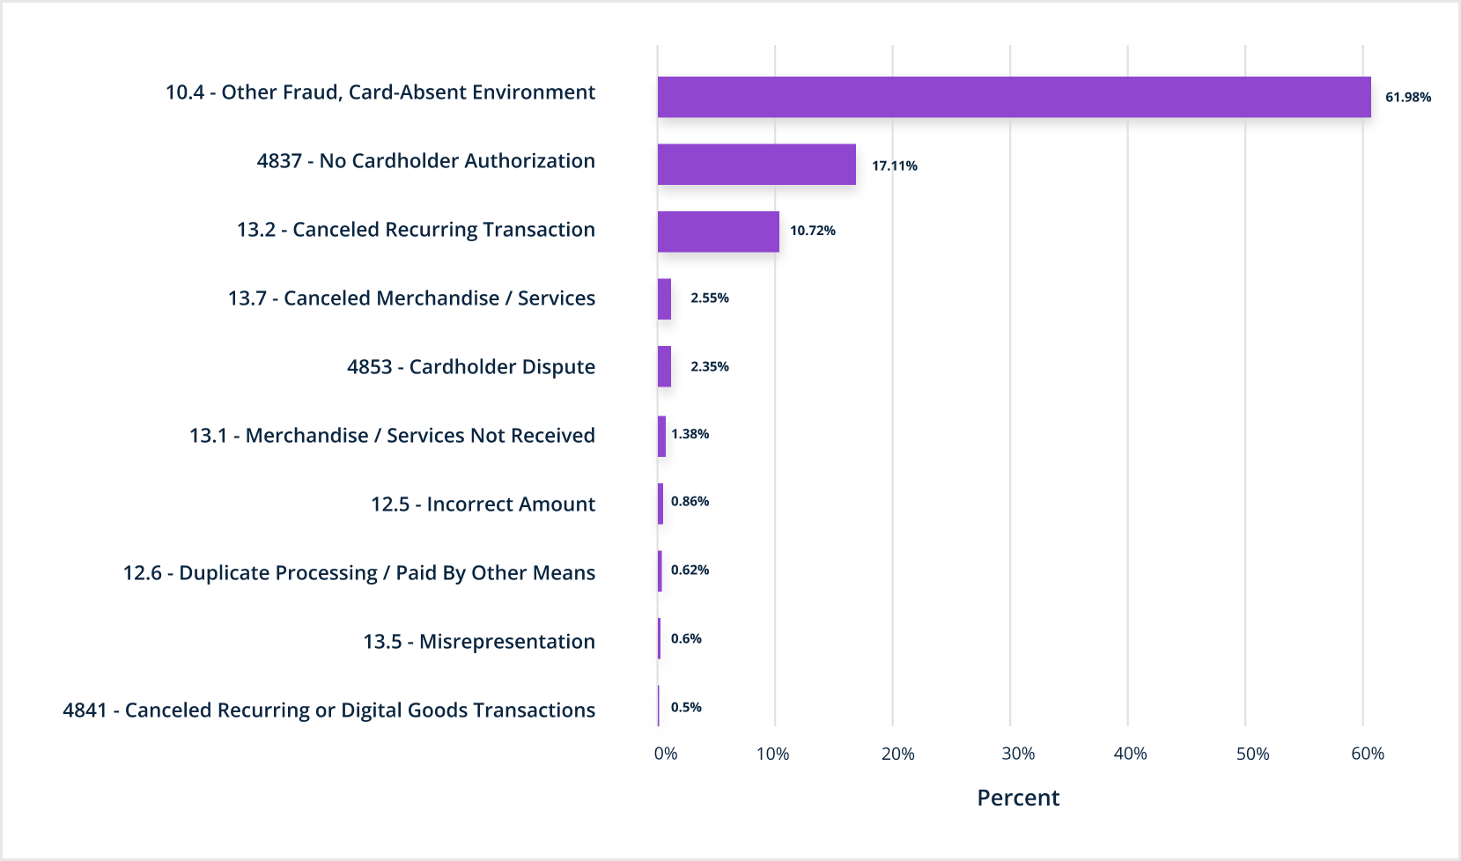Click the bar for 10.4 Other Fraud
pyautogui.click(x=1013, y=97)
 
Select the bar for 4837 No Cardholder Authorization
pyautogui.click(x=756, y=165)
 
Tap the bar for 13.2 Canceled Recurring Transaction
pyautogui.click(x=718, y=232)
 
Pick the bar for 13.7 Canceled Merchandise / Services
pyautogui.click(x=664, y=299)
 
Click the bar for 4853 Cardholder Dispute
pyautogui.click(x=664, y=366)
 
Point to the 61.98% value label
pyautogui.click(x=1407, y=97)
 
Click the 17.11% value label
pyautogui.click(x=894, y=166)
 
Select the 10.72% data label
pyautogui.click(x=812, y=231)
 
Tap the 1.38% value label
pyautogui.click(x=690, y=434)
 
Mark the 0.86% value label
pyautogui.click(x=690, y=502)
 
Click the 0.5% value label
pyautogui.click(x=686, y=708)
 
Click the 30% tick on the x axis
pyautogui.click(x=1017, y=754)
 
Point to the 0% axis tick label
pyautogui.click(x=666, y=754)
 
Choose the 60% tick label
pyautogui.click(x=1367, y=754)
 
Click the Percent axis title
pyautogui.click(x=1018, y=798)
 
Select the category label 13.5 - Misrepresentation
pyautogui.click(x=479, y=642)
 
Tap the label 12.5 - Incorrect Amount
pyautogui.click(x=483, y=504)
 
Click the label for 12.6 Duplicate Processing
pyautogui.click(x=358, y=573)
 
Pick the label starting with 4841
pyautogui.click(x=328, y=710)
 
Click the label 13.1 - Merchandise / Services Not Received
pyautogui.click(x=392, y=436)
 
